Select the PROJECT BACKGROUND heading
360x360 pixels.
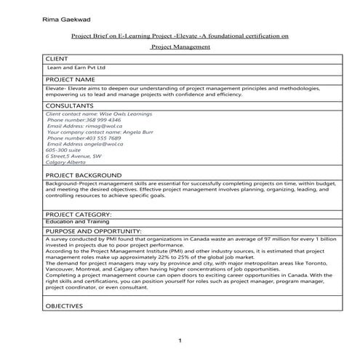click(83, 176)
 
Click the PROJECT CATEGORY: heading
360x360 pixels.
click(78, 215)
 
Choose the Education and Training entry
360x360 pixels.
click(76, 223)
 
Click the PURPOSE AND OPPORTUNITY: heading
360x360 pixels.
click(97, 231)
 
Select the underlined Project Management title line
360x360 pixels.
click(180, 47)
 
